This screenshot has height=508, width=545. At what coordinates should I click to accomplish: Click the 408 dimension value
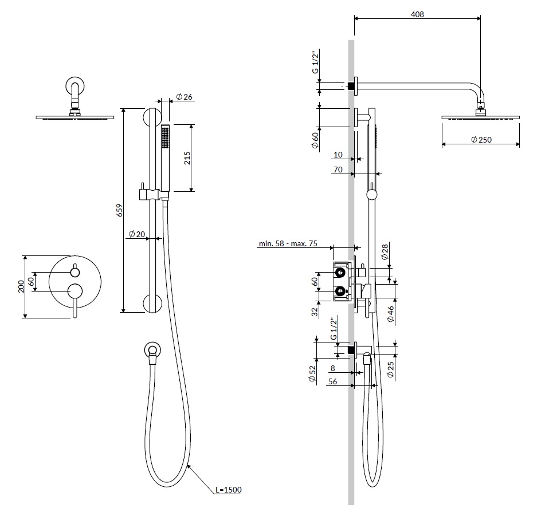(417, 14)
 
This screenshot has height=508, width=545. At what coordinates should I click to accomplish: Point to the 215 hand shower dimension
(187, 158)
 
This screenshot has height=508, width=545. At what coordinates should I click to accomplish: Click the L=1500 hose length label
(229, 490)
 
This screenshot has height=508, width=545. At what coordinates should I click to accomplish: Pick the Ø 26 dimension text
(183, 97)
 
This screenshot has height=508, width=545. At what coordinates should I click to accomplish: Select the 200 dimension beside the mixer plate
(21, 286)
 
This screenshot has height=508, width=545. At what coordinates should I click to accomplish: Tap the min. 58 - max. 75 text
(288, 244)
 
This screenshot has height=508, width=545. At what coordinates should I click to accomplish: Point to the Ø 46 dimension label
(390, 314)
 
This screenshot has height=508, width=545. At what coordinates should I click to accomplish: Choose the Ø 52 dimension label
(313, 373)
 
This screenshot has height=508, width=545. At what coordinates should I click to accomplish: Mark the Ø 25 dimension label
(390, 369)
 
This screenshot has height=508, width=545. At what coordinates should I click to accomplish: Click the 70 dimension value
(337, 170)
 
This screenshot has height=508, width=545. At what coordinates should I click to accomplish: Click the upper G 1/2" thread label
(315, 63)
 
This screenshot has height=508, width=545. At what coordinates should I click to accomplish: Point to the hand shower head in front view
(166, 155)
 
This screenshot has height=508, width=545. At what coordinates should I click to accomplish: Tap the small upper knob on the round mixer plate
(75, 271)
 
